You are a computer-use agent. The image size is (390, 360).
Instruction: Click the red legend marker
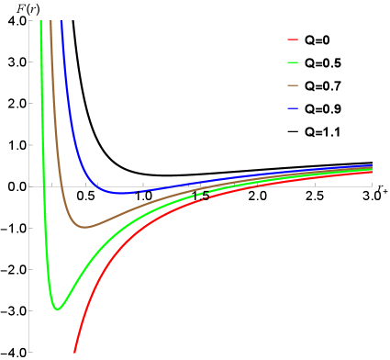pyautogui.click(x=293, y=39)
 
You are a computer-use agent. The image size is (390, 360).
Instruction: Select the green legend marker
pyautogui.click(x=293, y=62)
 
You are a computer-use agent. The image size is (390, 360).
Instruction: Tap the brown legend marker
pyautogui.click(x=293, y=85)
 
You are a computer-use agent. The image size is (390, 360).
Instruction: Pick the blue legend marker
pyautogui.click(x=293, y=108)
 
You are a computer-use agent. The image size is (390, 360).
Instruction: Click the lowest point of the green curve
pyautogui.click(x=57, y=309)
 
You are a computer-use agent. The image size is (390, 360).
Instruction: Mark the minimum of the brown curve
pyautogui.click(x=84, y=227)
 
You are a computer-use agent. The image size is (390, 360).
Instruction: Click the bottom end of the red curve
pyautogui.click(x=74, y=353)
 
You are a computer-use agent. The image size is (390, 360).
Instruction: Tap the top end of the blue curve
pyautogui.click(x=61, y=20)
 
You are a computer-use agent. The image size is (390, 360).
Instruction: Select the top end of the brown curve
pyautogui.click(x=50, y=20)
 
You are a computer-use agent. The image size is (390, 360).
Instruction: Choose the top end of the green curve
pyautogui.click(x=42, y=20)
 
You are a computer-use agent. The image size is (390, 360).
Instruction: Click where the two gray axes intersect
pyautogui.click(x=29, y=186)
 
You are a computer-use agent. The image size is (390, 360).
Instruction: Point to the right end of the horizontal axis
pyautogui.click(x=372, y=186)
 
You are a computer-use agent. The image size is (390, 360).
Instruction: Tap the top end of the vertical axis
pyautogui.click(x=29, y=20)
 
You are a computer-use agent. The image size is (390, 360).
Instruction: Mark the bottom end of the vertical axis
pyautogui.click(x=29, y=353)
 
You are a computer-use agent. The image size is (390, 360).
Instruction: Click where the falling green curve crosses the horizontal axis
pyautogui.click(x=45, y=186)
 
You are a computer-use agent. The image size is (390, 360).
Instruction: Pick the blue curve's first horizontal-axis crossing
pyautogui.click(x=95, y=186)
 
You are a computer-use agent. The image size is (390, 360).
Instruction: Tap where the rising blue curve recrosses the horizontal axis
pyautogui.click(x=166, y=186)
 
